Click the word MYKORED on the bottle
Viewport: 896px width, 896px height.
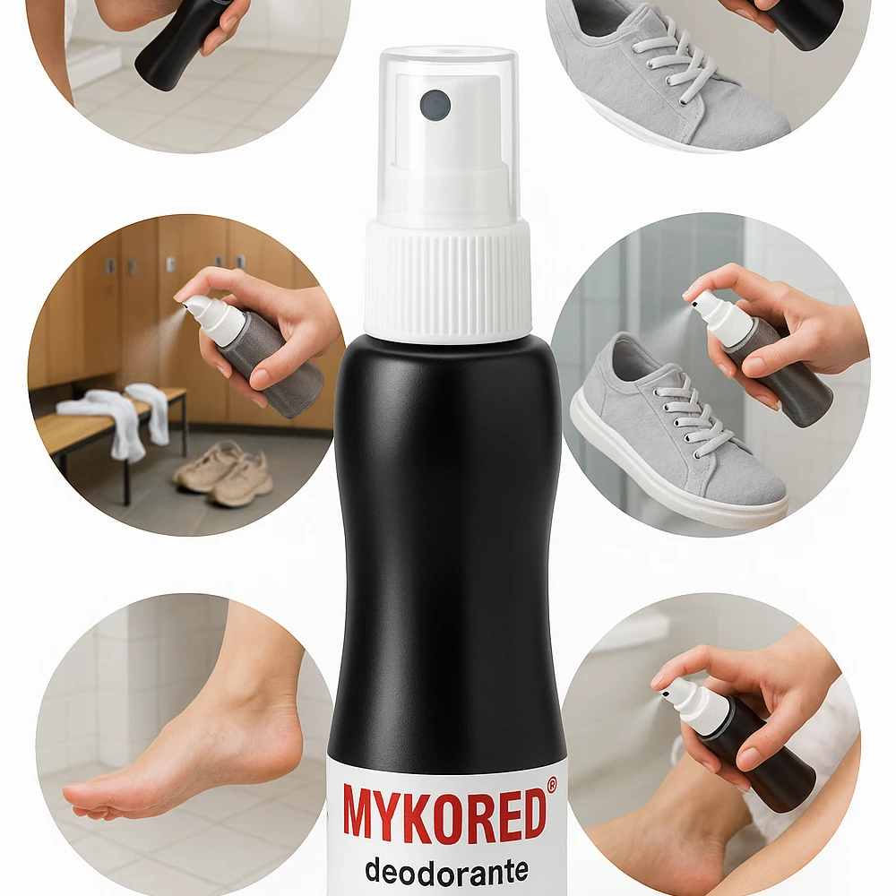(x=444, y=812)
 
